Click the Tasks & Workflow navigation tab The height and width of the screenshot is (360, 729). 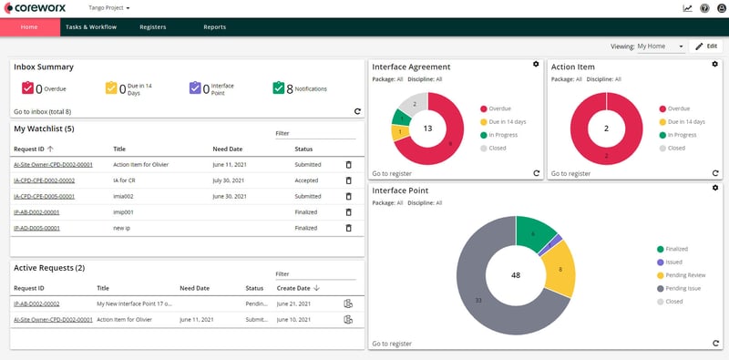click(x=91, y=27)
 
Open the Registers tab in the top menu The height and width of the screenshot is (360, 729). click(x=152, y=27)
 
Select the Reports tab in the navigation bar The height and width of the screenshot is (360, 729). click(x=214, y=27)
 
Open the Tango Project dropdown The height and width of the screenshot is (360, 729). click(x=109, y=7)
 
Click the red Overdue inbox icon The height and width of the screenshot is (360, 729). click(x=27, y=88)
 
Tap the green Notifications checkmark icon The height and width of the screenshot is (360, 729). click(x=278, y=88)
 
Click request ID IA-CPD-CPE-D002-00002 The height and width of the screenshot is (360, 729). click(x=44, y=180)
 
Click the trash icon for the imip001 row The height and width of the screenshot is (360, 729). click(x=347, y=211)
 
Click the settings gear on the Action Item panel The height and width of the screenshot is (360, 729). click(x=714, y=65)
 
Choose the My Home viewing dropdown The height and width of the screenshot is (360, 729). click(x=661, y=46)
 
